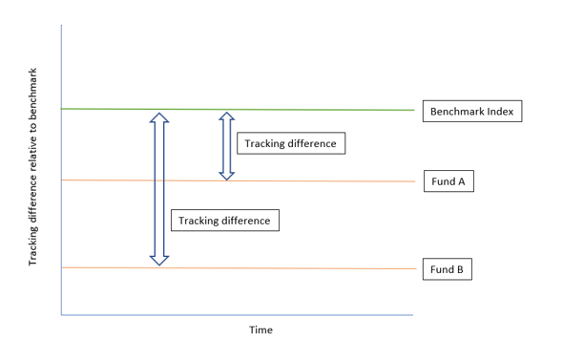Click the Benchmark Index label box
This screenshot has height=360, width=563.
(471, 112)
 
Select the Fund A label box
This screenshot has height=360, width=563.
(447, 181)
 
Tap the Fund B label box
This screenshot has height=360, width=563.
(447, 269)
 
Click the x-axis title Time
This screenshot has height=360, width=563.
(261, 330)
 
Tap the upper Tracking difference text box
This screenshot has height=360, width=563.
(290, 143)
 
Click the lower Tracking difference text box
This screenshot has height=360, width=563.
(224, 221)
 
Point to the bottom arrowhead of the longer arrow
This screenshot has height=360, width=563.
(159, 258)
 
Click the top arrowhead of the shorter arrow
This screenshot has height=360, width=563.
(226, 116)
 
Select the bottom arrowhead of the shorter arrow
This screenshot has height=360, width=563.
(226, 174)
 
